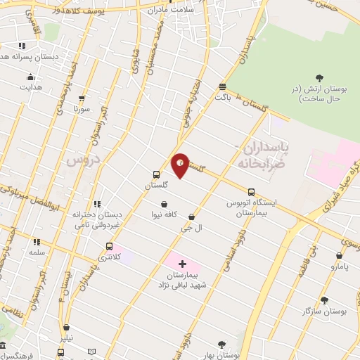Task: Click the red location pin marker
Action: [x=180, y=165]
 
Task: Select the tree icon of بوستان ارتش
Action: [x=320, y=77]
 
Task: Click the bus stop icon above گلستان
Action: [x=156, y=174]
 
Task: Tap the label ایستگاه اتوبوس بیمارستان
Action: [x=251, y=207]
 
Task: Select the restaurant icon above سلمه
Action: [x=36, y=241]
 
